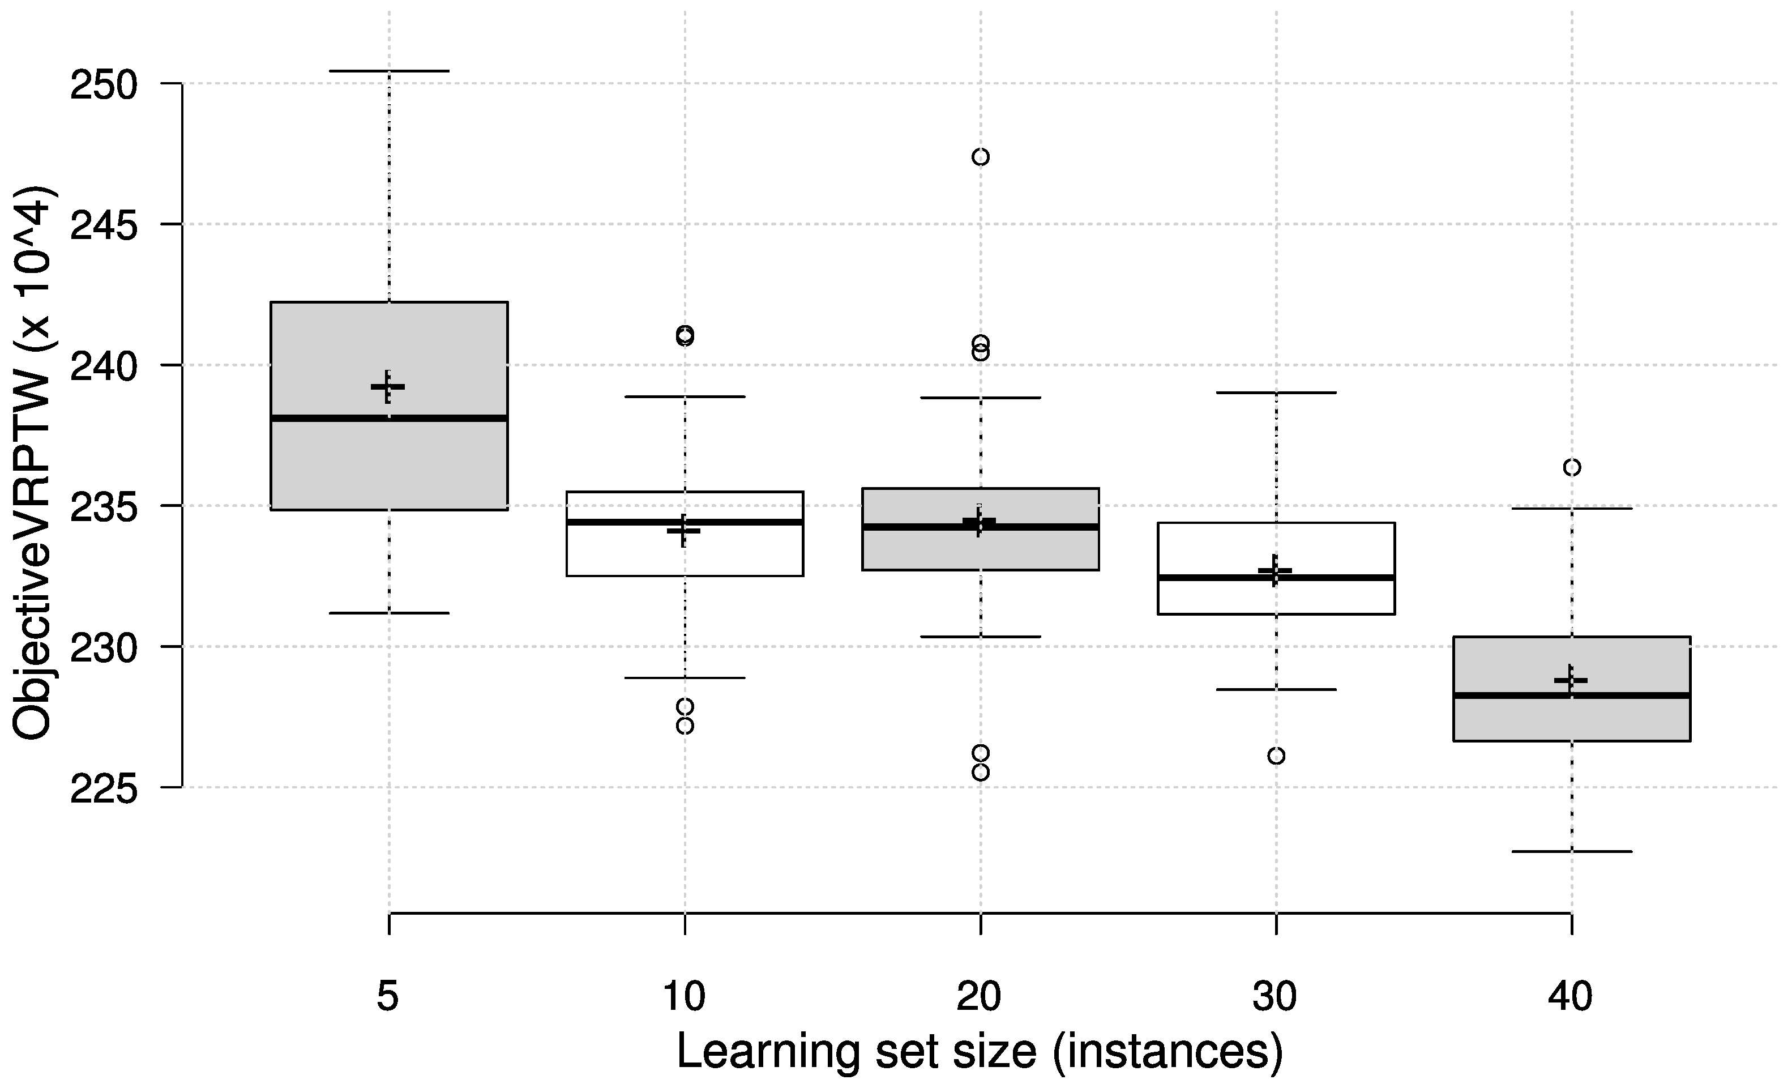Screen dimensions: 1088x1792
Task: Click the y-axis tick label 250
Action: point(103,86)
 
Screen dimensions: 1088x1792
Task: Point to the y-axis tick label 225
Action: point(103,789)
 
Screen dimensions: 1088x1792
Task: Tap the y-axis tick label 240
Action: point(103,367)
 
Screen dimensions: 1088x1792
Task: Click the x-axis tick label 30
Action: point(1274,996)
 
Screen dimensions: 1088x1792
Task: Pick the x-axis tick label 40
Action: point(1570,996)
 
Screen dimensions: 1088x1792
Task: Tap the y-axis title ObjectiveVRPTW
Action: point(33,463)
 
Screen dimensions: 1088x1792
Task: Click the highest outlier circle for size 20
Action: point(981,157)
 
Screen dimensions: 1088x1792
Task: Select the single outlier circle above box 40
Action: point(1572,467)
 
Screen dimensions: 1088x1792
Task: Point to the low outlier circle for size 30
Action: point(1276,756)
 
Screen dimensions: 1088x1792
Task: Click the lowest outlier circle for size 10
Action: point(685,726)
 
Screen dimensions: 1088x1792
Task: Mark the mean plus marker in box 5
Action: point(388,387)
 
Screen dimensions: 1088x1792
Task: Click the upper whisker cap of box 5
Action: point(389,71)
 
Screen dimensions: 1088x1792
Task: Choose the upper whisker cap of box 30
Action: point(1276,392)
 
